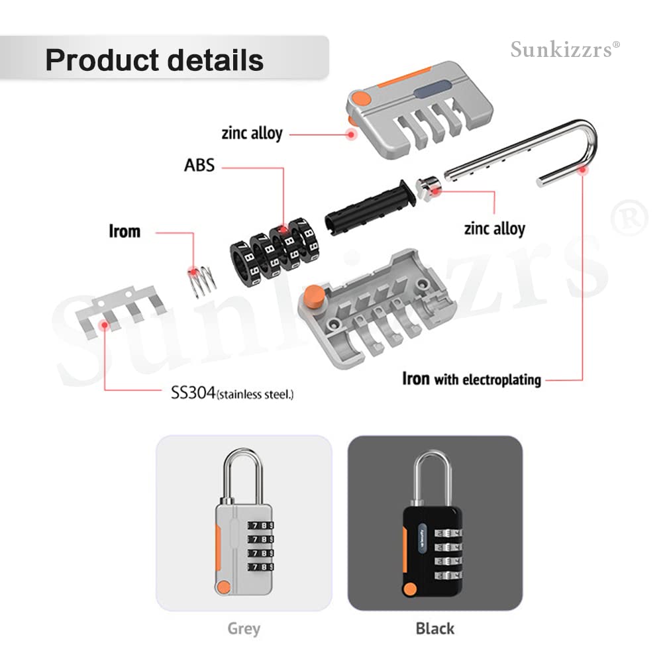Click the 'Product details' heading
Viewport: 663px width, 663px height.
pyautogui.click(x=154, y=60)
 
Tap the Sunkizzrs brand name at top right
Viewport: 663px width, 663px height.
pyautogui.click(x=565, y=49)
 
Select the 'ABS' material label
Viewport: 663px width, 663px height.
pyautogui.click(x=199, y=165)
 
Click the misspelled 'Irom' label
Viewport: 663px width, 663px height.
pyautogui.click(x=125, y=231)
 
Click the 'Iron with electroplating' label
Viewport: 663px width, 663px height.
pyautogui.click(x=472, y=380)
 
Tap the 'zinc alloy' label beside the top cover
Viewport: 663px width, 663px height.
pyautogui.click(x=252, y=133)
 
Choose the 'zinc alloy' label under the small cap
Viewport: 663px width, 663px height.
pyautogui.click(x=494, y=229)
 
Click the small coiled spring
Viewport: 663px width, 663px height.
pyautogui.click(x=201, y=280)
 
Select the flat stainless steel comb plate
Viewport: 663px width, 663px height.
pyautogui.click(x=119, y=307)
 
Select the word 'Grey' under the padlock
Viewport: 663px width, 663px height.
pyautogui.click(x=243, y=628)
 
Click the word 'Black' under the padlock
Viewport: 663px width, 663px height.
pyautogui.click(x=434, y=628)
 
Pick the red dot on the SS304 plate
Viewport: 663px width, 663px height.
pyautogui.click(x=104, y=325)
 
